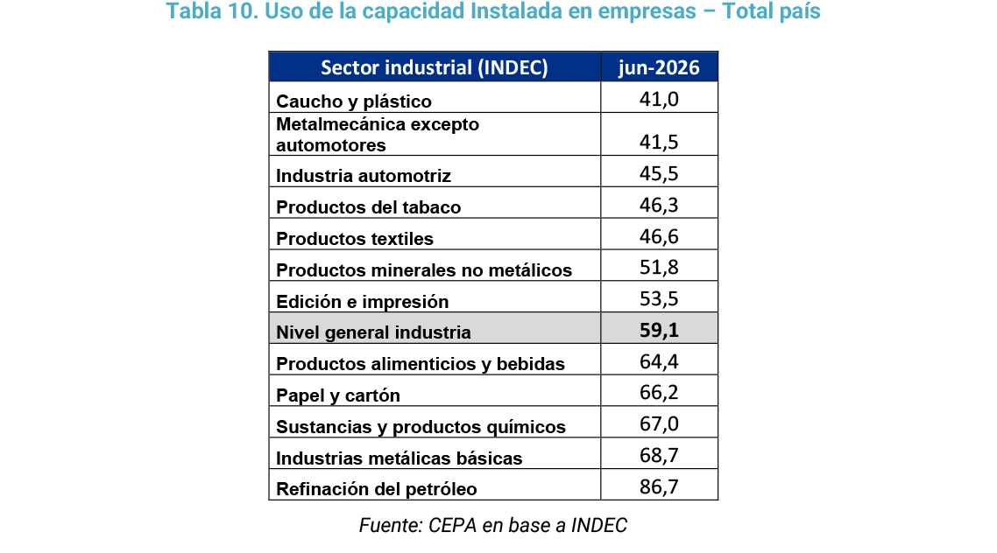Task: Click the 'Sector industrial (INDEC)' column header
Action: click(435, 67)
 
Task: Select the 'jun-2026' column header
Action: click(659, 67)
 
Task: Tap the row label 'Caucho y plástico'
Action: click(354, 101)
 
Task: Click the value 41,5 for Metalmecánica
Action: click(659, 142)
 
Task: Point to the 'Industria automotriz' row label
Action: click(364, 176)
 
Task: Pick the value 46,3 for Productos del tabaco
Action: click(659, 205)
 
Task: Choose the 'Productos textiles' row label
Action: click(355, 239)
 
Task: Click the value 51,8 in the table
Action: click(659, 267)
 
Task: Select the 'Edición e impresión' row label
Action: click(363, 302)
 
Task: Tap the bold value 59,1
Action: click(659, 330)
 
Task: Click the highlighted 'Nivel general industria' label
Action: click(373, 332)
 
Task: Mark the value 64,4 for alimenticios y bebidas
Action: click(659, 362)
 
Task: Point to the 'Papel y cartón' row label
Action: click(338, 395)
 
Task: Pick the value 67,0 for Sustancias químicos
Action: click(659, 424)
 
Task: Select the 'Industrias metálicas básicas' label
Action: click(400, 458)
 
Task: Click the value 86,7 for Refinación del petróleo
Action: click(659, 487)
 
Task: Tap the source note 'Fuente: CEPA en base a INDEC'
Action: click(492, 526)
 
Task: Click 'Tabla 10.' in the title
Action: click(212, 11)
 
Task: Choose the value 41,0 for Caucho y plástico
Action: click(659, 100)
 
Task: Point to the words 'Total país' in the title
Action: click(771, 11)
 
